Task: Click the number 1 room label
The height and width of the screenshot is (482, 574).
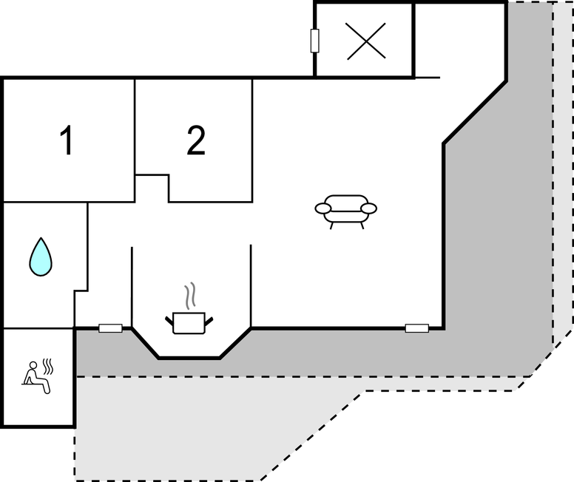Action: click(67, 140)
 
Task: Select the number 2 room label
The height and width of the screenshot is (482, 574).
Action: click(196, 140)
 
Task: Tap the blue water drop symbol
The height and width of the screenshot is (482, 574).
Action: click(41, 257)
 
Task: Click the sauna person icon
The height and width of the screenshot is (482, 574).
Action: click(36, 377)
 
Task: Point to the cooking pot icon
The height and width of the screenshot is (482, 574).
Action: click(189, 323)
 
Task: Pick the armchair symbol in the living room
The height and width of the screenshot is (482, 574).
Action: click(346, 211)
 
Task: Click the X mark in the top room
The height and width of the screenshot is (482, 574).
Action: click(366, 41)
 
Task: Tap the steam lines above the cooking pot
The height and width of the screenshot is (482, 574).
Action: click(189, 296)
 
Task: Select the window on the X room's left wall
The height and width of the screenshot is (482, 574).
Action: click(314, 41)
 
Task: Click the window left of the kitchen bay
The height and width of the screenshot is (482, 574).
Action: click(110, 328)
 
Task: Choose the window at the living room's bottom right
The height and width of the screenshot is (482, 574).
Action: click(417, 328)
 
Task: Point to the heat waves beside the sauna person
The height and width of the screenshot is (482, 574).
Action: click(48, 367)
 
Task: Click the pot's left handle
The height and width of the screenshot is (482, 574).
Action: click(169, 321)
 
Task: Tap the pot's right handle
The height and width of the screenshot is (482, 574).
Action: click(209, 321)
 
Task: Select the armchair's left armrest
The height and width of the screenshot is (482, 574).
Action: click(323, 208)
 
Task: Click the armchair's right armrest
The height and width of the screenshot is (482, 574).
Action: click(368, 208)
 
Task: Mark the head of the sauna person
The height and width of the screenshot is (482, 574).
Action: click(33, 365)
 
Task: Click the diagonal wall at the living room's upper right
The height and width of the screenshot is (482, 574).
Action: click(475, 112)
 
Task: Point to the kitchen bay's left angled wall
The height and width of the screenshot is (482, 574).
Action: click(145, 343)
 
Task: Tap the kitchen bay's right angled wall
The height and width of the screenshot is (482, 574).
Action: click(235, 343)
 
